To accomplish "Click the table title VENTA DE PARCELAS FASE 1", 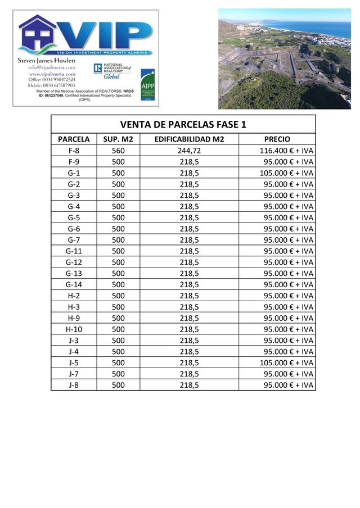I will point(183,124).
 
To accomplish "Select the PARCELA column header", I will point(74,139).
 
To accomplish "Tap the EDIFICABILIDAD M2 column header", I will point(189,139).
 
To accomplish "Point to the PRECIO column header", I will point(277,139).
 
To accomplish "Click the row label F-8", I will point(74,151).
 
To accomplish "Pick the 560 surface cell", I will point(118,151).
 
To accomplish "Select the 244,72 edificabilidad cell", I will point(189,151).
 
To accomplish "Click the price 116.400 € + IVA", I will point(286,151).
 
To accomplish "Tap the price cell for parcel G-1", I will point(286,173).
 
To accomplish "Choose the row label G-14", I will point(74,284).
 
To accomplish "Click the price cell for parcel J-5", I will point(286,362).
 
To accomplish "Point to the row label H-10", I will point(74,329).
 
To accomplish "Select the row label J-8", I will point(74,385).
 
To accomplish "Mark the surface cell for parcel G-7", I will point(118,240).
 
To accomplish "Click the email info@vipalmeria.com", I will point(52,67).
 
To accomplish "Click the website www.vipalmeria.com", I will point(52,74).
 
